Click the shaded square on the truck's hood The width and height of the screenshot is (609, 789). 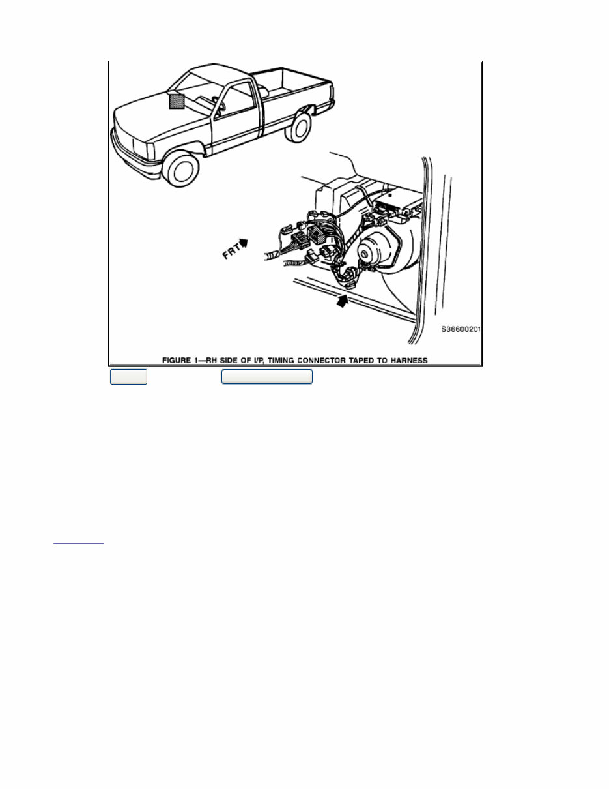click(177, 101)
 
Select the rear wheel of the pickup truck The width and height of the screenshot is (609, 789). click(299, 127)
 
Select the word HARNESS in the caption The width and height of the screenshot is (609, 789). click(408, 359)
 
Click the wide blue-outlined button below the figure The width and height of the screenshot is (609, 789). click(267, 377)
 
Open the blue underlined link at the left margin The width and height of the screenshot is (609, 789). click(78, 541)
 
